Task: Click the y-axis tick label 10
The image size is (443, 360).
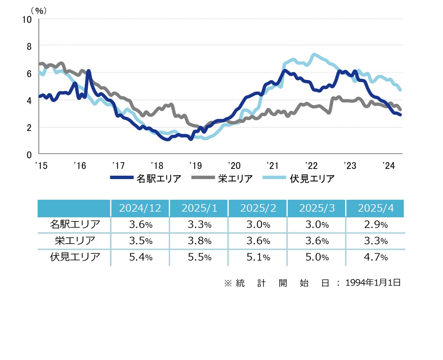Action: pos(27,19)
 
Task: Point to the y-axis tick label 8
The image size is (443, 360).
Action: pos(29,47)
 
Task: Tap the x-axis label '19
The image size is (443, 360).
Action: pos(195,166)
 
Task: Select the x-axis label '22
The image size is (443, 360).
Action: pos(311,166)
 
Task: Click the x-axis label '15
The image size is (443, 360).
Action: pos(41,166)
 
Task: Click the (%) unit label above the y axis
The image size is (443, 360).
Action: pos(39,11)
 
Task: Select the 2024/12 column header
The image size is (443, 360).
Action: pos(140,208)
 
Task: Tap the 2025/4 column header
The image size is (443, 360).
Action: pos(376,208)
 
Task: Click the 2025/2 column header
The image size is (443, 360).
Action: pos(258,208)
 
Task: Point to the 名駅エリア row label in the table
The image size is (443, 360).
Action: pos(75,224)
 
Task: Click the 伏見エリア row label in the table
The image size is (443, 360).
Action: pos(75,257)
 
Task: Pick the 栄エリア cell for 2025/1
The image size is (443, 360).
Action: pos(200,241)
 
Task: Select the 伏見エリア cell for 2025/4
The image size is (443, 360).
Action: pos(376,257)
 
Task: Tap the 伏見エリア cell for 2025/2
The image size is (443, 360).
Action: pos(258,257)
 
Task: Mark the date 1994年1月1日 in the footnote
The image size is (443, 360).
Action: pos(373,283)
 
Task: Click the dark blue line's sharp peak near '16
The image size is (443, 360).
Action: pos(88,71)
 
